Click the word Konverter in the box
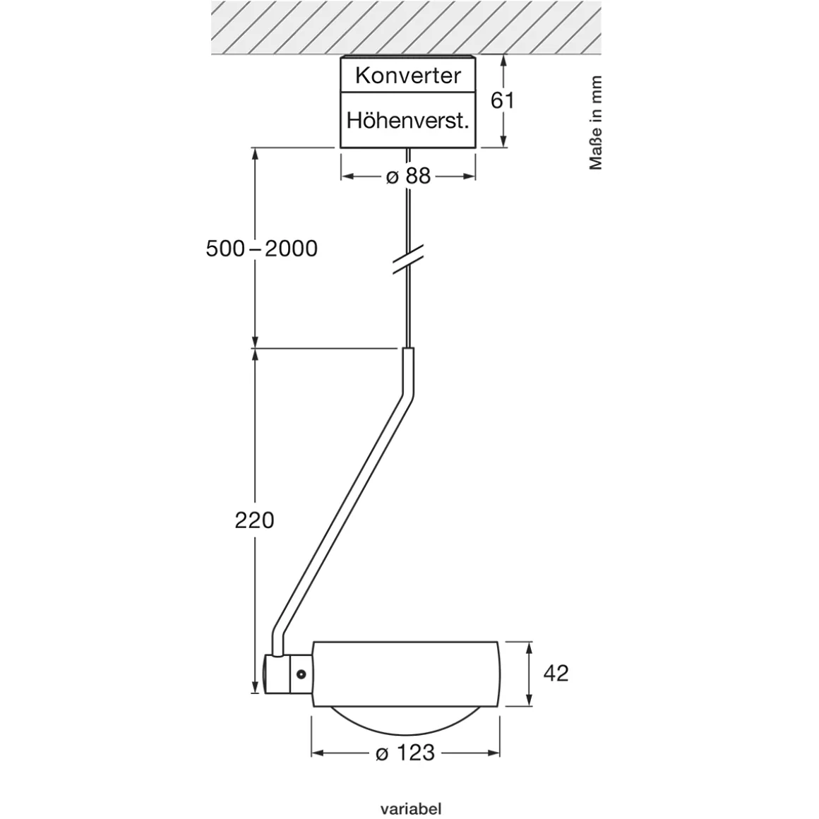pos(407,76)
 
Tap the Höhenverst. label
pos(407,120)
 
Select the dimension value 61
pos(503,100)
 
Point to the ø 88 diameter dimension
pos(408,176)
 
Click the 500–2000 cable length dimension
pos(261,249)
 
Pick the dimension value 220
pos(254,520)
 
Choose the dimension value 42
pos(556,673)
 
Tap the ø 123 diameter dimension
pos(405,753)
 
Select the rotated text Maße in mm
pos(597,123)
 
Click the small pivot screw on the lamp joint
pos(301,674)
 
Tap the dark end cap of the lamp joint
pos(269,674)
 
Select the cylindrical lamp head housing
pos(406,673)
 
